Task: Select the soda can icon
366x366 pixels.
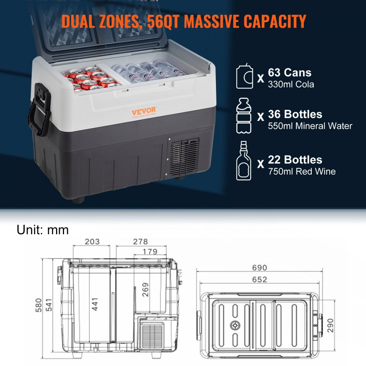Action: point(244,76)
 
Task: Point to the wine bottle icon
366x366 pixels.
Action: point(244,161)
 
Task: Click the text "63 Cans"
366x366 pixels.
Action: point(290,72)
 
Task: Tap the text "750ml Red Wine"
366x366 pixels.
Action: point(302,171)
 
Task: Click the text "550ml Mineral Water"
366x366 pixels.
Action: point(310,126)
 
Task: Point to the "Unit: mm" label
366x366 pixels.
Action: point(42,229)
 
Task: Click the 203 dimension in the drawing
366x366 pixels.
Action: point(92,242)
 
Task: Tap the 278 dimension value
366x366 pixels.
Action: point(140,242)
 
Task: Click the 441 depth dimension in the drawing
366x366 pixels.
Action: point(95,303)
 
